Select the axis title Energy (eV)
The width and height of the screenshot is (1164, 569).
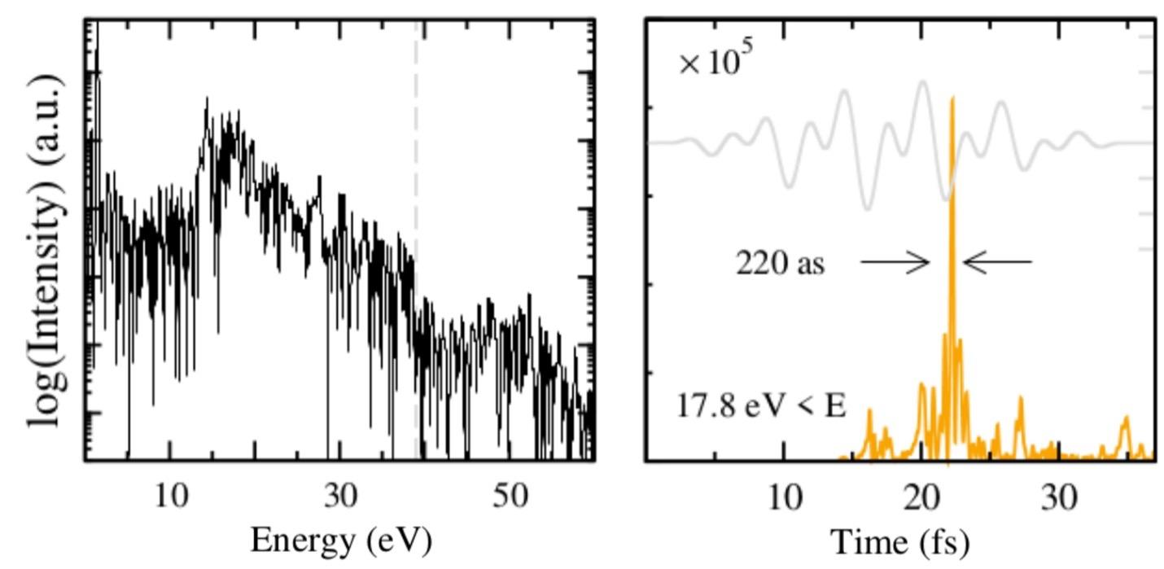click(340, 540)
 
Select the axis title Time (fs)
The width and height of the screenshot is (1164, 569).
click(900, 541)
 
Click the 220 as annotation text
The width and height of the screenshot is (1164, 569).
click(780, 263)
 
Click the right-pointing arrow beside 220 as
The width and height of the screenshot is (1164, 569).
click(895, 262)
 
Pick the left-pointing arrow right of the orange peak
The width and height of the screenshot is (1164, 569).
click(997, 262)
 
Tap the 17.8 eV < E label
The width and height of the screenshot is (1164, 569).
click(761, 405)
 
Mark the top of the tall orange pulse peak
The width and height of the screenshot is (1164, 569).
click(952, 98)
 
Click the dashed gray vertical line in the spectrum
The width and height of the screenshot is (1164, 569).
click(417, 163)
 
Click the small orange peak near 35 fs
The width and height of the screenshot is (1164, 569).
click(1127, 420)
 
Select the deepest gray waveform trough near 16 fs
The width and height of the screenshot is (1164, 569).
click(867, 208)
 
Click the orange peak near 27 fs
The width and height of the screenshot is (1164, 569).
click(1020, 400)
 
